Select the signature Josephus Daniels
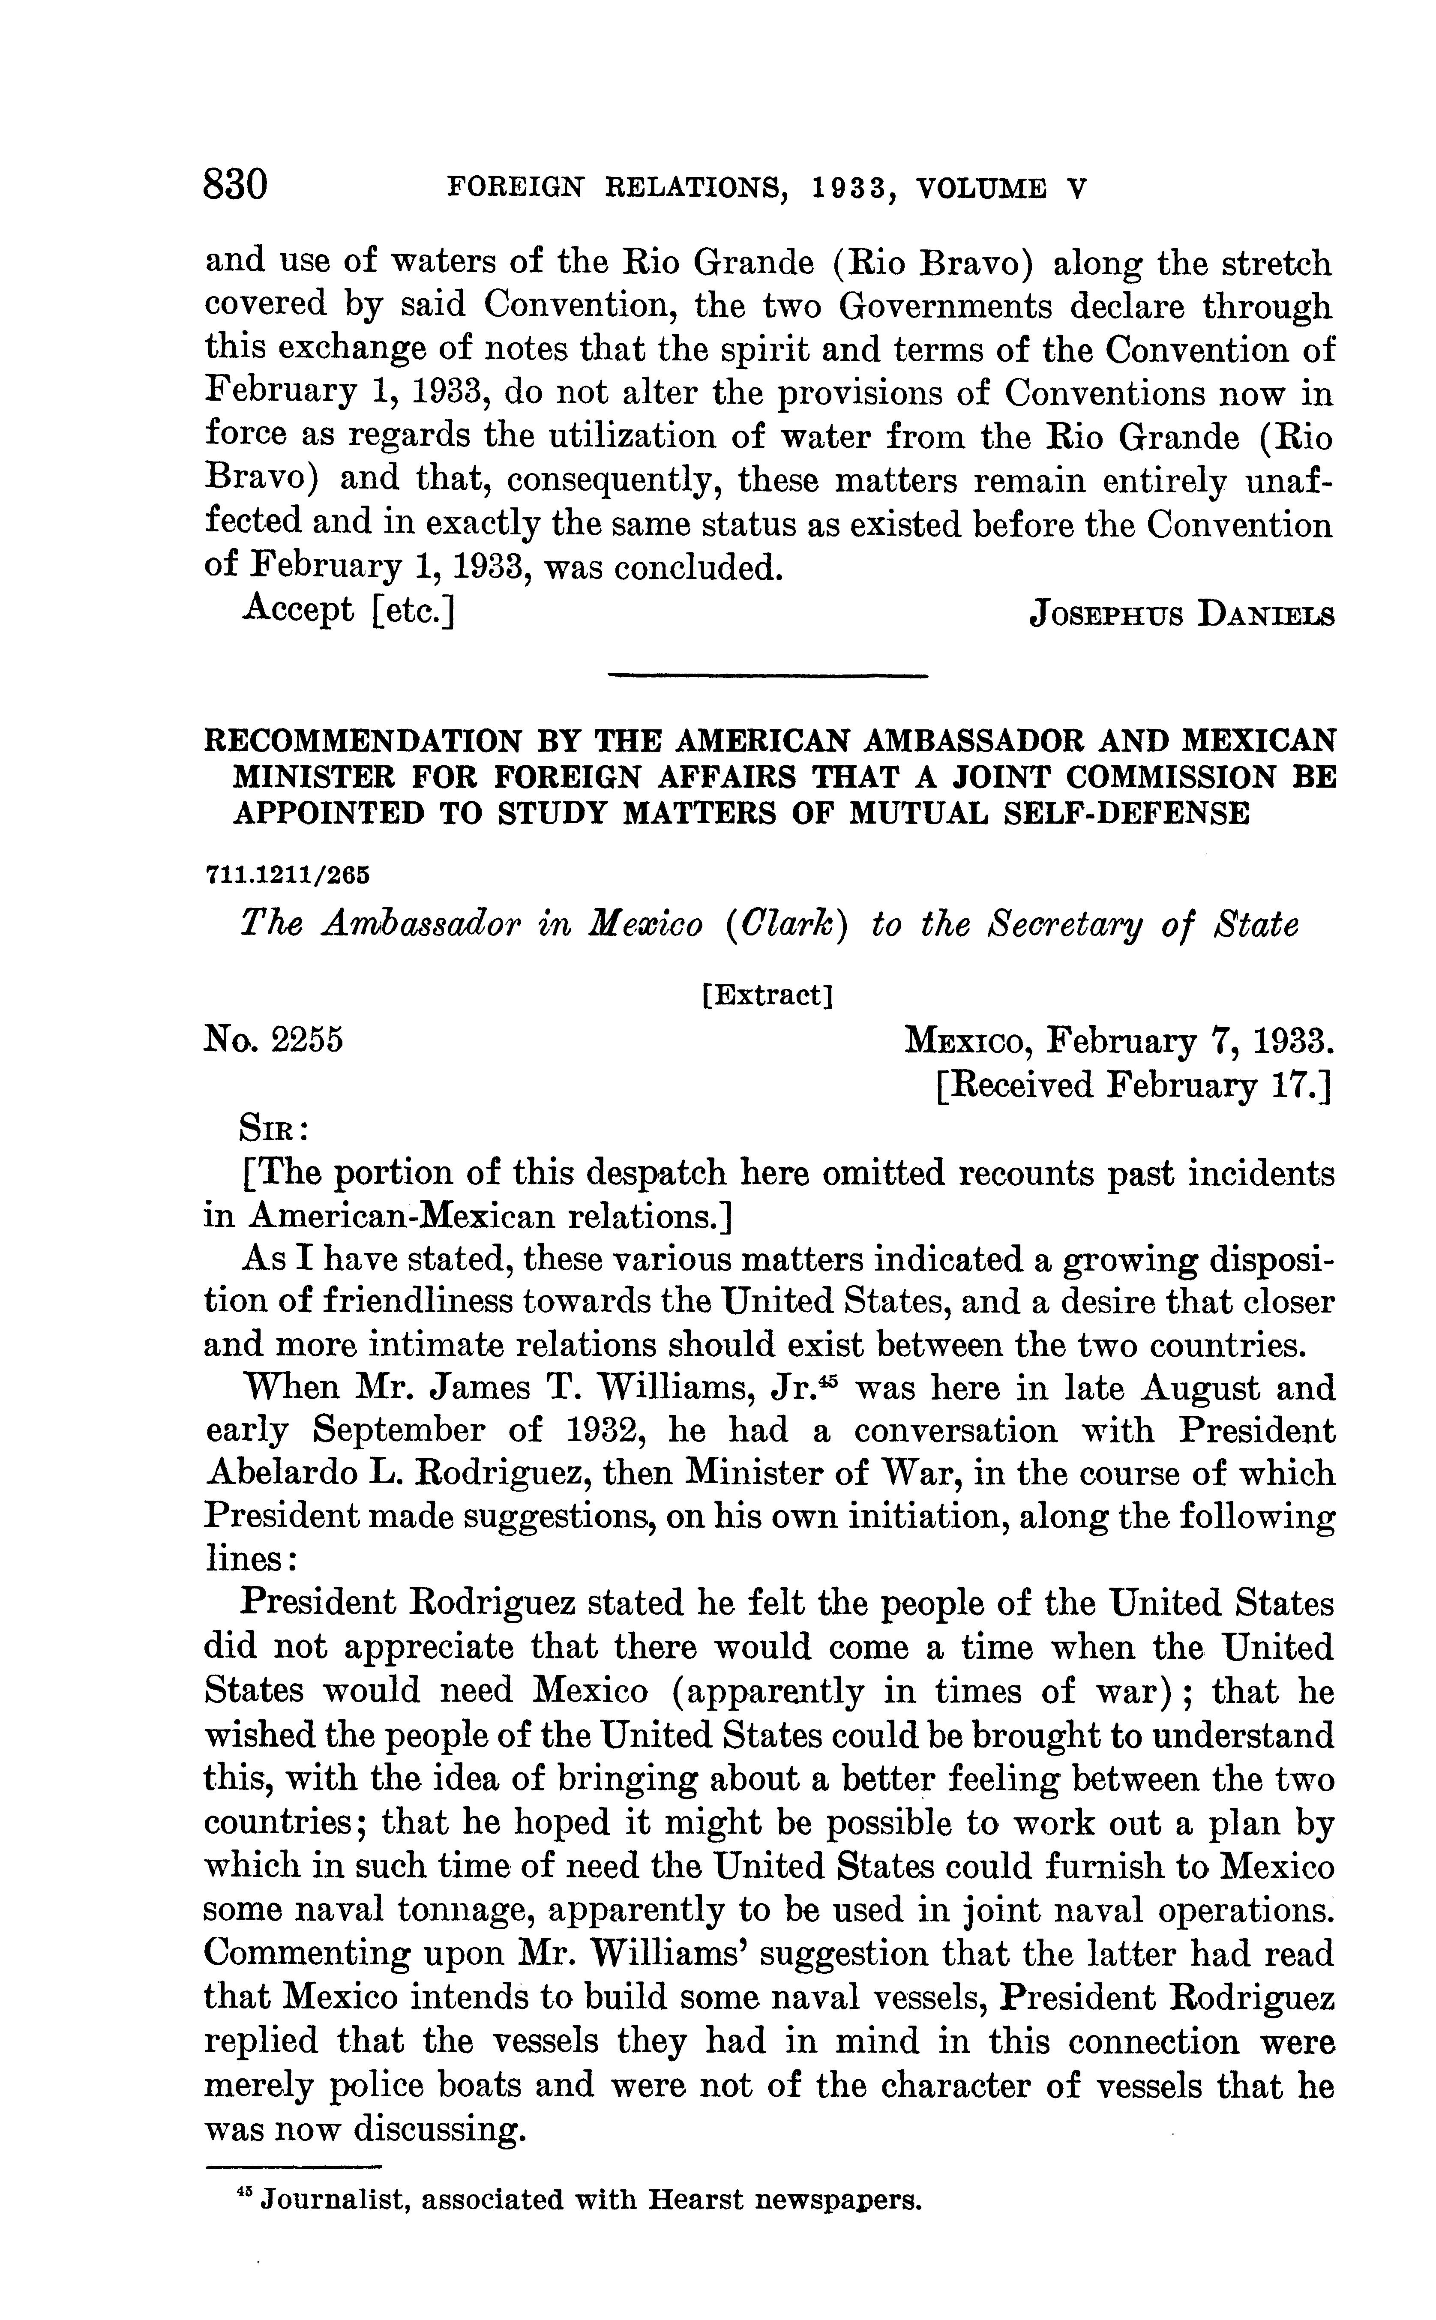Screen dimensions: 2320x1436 (1182, 615)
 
